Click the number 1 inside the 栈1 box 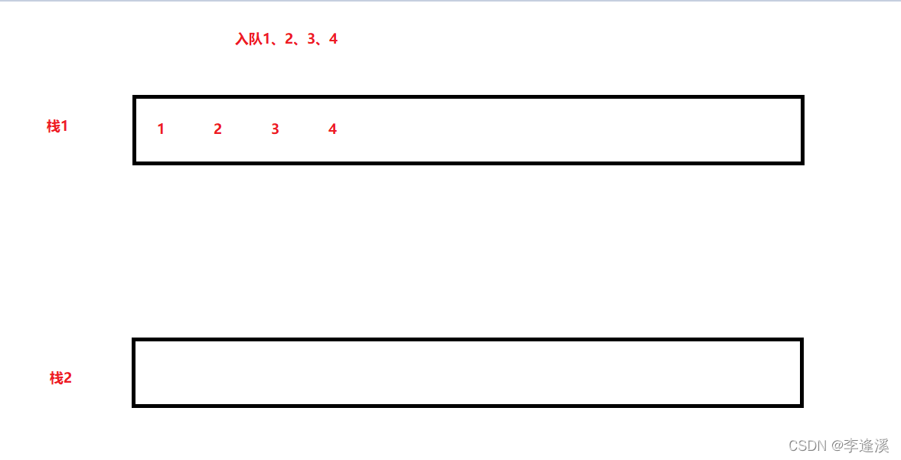(161, 129)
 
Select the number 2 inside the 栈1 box (217, 129)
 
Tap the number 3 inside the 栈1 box (275, 129)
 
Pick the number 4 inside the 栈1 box (332, 129)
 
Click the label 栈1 (57, 126)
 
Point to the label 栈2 (60, 378)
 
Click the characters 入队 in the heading (249, 39)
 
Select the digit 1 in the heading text (267, 39)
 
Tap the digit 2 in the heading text (289, 39)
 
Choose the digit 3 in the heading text (311, 39)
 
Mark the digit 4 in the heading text (333, 39)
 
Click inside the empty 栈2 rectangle (467, 373)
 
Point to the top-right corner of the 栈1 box (801, 97)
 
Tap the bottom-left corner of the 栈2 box (134, 405)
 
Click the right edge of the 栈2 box (801, 373)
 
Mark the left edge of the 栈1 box (135, 130)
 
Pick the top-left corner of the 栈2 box (134, 340)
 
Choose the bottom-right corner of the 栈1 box (801, 162)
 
